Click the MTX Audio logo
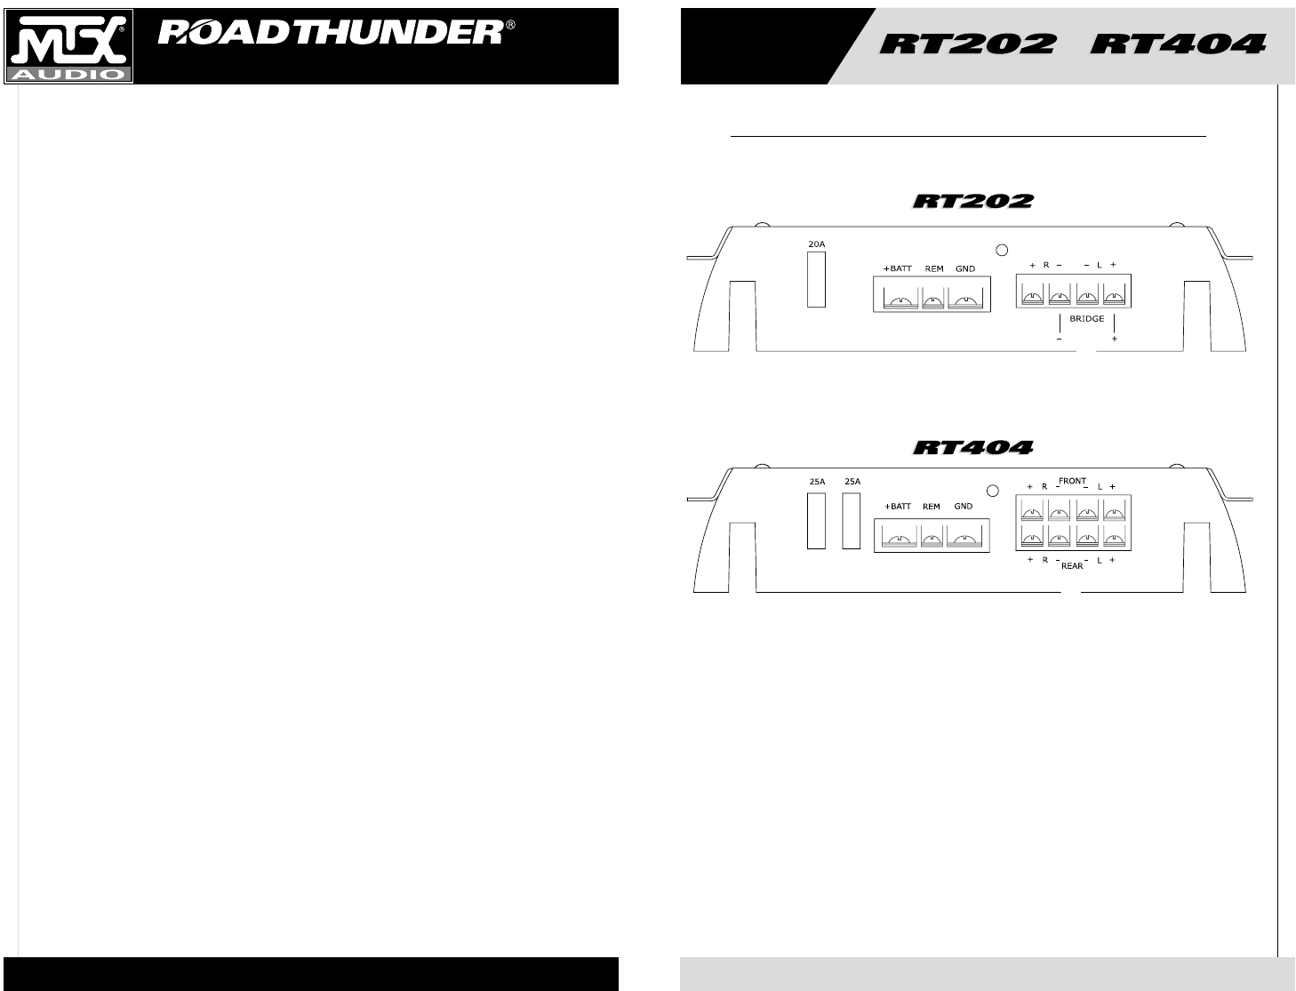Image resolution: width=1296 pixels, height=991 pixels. (69, 46)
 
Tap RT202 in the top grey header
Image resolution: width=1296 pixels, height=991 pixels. (968, 44)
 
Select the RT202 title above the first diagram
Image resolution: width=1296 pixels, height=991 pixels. (973, 202)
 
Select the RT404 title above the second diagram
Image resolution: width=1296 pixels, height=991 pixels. (973, 447)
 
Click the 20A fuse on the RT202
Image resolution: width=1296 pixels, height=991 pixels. (816, 279)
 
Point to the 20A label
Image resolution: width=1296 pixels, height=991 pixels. (816, 242)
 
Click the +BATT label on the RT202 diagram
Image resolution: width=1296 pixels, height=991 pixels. (897, 268)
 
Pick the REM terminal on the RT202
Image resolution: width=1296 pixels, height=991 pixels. (933, 302)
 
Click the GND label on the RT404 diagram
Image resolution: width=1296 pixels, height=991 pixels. (964, 507)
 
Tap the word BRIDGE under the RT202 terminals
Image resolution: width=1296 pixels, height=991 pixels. (1086, 318)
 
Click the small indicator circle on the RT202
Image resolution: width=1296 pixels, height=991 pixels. (1001, 251)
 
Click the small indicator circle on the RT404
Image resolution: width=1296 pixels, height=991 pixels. (993, 490)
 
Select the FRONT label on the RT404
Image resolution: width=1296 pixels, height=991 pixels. (1073, 481)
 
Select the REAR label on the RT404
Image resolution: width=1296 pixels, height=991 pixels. (1072, 565)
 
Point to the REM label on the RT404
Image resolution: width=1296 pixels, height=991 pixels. (931, 507)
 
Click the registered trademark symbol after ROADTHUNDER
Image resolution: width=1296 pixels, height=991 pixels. (510, 26)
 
